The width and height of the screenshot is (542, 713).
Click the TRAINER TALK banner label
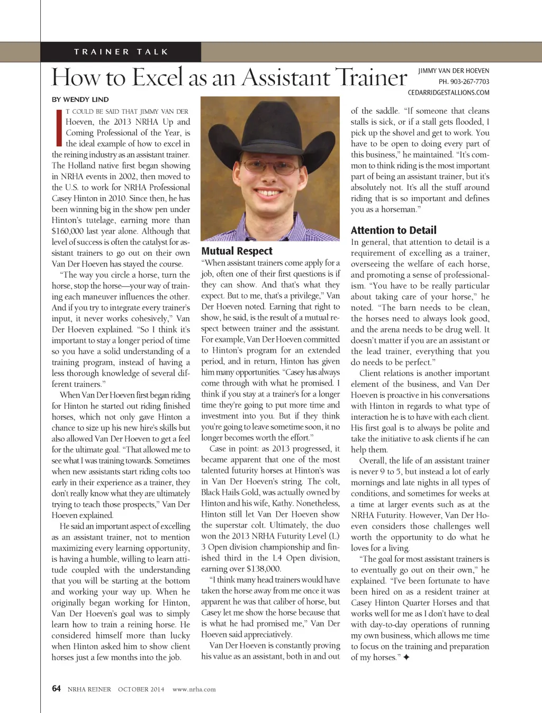coord(121,52)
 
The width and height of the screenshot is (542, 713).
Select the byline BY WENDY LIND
coord(80,99)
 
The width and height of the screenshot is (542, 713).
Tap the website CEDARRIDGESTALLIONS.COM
coord(448,92)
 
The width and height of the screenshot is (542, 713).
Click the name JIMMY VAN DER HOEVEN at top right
coord(453,71)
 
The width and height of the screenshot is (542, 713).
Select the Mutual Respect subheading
coord(237,251)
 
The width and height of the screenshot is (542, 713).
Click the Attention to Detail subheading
coord(393,230)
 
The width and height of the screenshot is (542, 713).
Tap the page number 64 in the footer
coord(56,689)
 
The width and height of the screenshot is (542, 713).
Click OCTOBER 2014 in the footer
coord(141,689)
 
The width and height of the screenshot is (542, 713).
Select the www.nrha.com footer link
coord(194,689)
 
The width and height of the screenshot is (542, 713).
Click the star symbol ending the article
coord(406,658)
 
